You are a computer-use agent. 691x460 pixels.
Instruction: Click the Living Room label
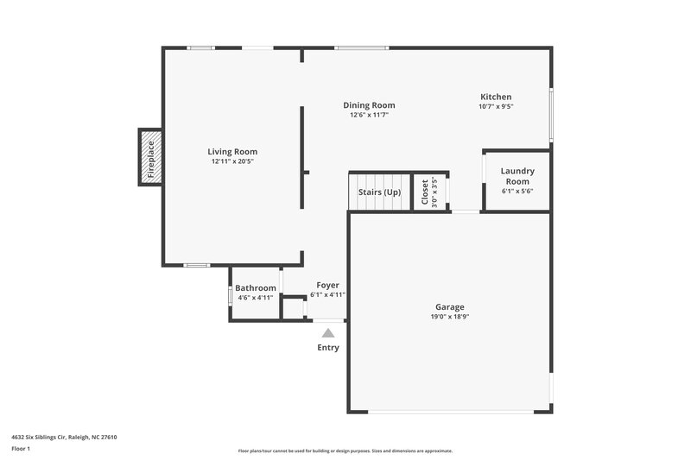pyautogui.click(x=232, y=152)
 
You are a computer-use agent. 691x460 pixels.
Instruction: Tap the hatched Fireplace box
pyautogui.click(x=151, y=157)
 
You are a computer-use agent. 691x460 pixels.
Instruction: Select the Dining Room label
pyautogui.click(x=369, y=105)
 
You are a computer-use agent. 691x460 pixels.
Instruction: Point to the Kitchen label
pyautogui.click(x=496, y=97)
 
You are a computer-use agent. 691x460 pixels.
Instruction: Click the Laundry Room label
pyautogui.click(x=517, y=176)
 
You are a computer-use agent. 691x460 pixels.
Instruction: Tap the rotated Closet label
pyautogui.click(x=424, y=193)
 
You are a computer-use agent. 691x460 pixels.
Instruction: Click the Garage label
pyautogui.click(x=449, y=307)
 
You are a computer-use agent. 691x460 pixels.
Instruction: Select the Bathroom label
pyautogui.click(x=256, y=288)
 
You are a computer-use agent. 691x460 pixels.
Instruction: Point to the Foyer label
pyautogui.click(x=327, y=285)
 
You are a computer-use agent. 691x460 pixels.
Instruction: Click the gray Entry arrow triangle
pyautogui.click(x=328, y=332)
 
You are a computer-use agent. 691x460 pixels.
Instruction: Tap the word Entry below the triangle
pyautogui.click(x=328, y=348)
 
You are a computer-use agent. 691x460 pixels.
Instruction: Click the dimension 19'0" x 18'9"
pyautogui.click(x=449, y=317)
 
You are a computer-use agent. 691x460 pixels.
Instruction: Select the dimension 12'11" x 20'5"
pyautogui.click(x=232, y=161)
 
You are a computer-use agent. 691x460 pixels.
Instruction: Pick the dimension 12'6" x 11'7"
pyautogui.click(x=369, y=115)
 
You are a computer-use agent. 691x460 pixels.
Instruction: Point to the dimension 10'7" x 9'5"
pyautogui.click(x=496, y=106)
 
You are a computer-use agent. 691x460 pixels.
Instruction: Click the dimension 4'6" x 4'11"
pyautogui.click(x=256, y=298)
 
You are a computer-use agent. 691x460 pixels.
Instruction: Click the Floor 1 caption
pyautogui.click(x=20, y=450)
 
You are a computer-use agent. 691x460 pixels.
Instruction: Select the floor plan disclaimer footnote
pyautogui.click(x=345, y=451)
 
